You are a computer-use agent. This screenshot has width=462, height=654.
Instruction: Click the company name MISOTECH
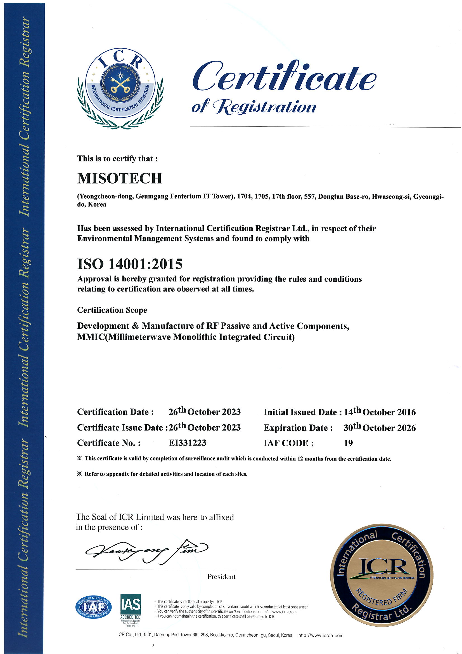[x=120, y=178]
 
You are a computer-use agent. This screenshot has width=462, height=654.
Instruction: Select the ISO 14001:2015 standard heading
[x=130, y=264]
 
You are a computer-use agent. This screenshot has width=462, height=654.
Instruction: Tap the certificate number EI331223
[x=187, y=443]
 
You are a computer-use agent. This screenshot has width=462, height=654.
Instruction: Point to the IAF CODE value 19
[x=348, y=443]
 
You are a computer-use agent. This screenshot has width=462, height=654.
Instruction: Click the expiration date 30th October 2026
[x=379, y=428]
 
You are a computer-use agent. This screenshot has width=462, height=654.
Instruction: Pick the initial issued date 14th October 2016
[x=380, y=412]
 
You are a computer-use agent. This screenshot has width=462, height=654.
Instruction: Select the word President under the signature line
[x=221, y=577]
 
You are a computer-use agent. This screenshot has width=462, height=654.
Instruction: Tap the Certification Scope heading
[x=112, y=310]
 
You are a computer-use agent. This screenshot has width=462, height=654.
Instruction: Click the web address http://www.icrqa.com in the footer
[x=321, y=636]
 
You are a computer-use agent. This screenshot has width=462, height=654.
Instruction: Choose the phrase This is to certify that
[x=117, y=159]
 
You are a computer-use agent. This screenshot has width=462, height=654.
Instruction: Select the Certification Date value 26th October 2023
[x=204, y=412]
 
